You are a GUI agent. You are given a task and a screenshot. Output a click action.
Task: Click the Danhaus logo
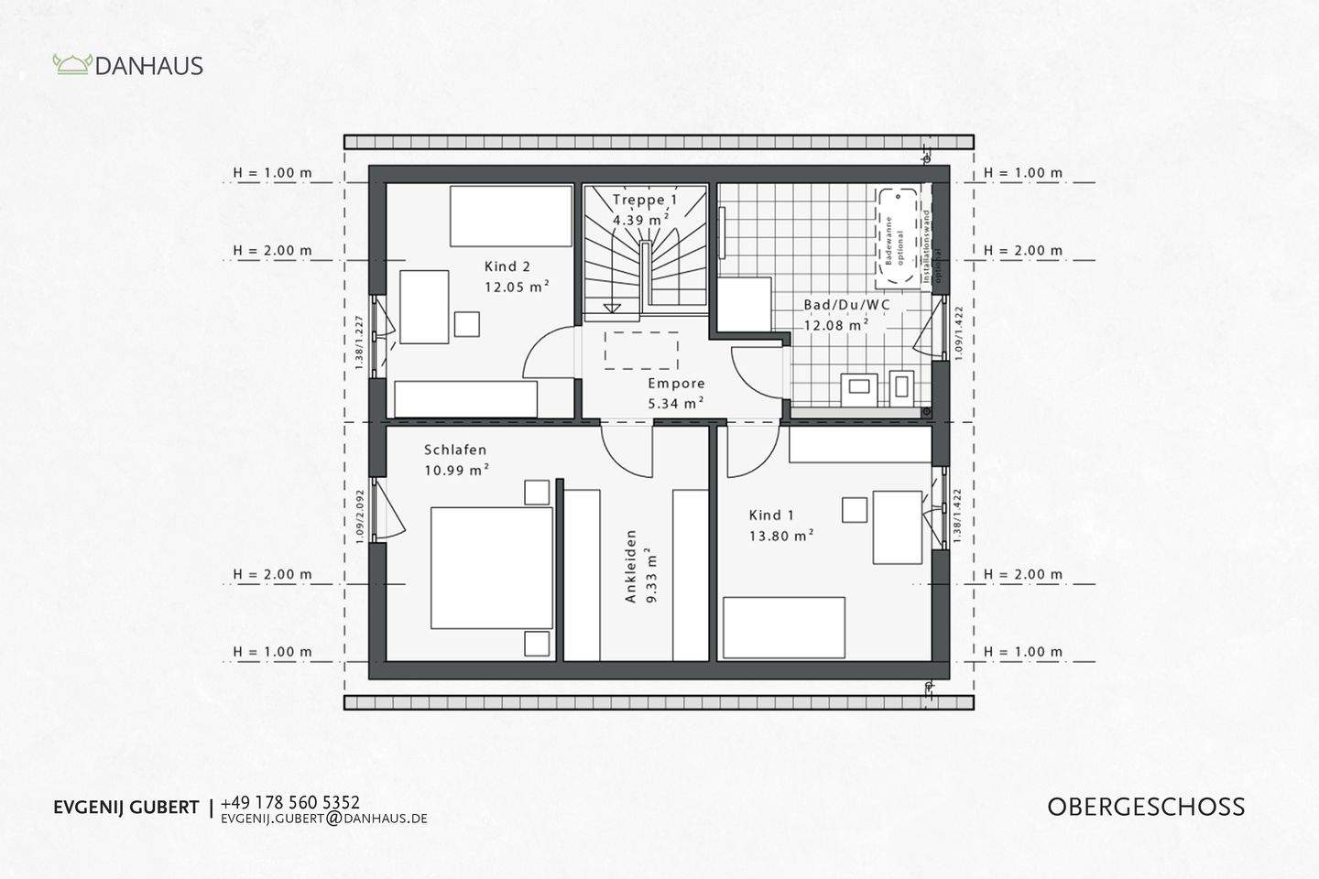click(x=127, y=65)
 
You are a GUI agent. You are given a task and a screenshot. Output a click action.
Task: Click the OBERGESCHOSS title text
click(x=1146, y=807)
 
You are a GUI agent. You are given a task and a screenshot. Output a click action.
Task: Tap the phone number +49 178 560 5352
click(x=290, y=802)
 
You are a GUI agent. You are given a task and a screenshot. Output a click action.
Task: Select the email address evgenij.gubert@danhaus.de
click(x=324, y=819)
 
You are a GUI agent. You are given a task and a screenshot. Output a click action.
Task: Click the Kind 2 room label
click(x=507, y=267)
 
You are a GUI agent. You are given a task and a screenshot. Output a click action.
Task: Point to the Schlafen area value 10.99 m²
click(x=456, y=471)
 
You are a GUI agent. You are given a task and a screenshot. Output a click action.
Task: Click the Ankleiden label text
click(x=630, y=566)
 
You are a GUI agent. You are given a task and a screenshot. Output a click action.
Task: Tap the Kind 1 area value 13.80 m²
click(x=781, y=536)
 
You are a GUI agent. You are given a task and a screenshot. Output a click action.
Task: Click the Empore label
click(x=676, y=384)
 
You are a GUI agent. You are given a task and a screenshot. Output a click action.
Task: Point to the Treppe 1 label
click(x=645, y=200)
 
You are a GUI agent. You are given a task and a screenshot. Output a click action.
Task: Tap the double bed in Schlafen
click(x=492, y=568)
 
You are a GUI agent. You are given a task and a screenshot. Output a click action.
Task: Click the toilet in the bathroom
click(x=901, y=385)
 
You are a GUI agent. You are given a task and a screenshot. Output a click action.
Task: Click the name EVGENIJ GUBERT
click(x=125, y=808)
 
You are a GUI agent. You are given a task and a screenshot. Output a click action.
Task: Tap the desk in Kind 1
click(x=897, y=526)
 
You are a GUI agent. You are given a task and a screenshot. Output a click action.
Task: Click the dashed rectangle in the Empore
click(x=641, y=348)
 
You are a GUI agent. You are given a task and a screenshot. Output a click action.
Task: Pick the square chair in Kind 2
click(x=467, y=324)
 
